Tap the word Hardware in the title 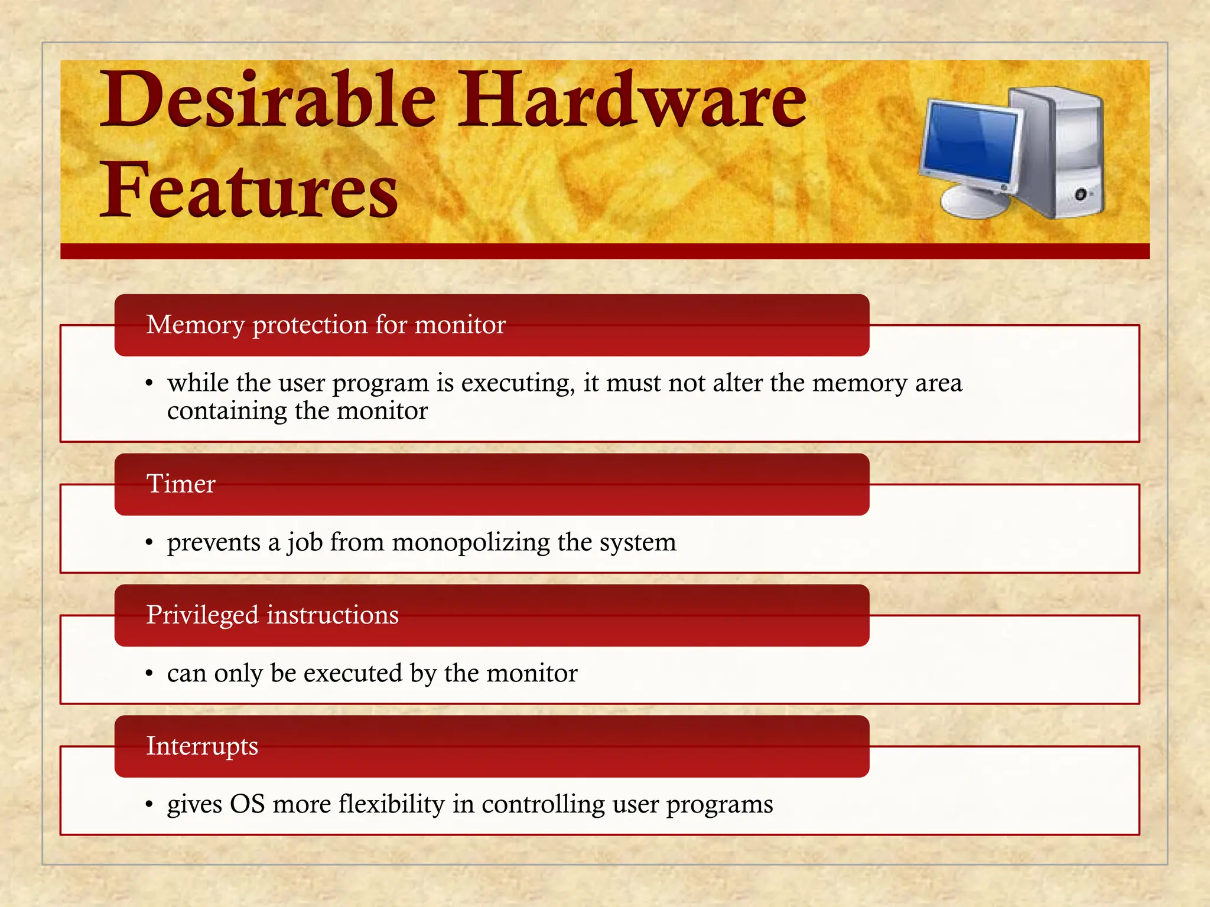pos(632,99)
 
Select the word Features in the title pos(249,190)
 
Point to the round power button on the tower pos(1081,194)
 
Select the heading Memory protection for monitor pos(326,325)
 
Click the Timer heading pos(181,484)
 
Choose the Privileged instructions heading pos(272,615)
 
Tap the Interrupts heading pos(202,746)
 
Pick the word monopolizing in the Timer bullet pos(470,542)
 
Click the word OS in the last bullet pos(247,804)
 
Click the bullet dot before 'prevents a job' pos(149,543)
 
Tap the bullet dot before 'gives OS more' pos(149,805)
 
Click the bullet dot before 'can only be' pos(149,674)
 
